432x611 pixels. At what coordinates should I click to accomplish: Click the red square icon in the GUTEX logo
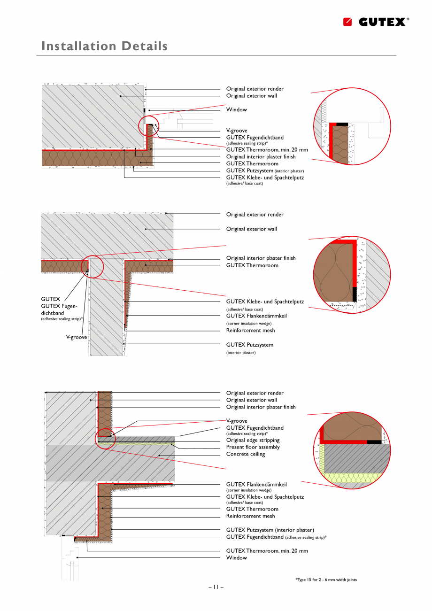pyautogui.click(x=347, y=22)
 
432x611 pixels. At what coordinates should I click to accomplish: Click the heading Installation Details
pyautogui.click(x=104, y=46)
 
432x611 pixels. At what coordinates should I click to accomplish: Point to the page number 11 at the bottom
pyautogui.click(x=216, y=587)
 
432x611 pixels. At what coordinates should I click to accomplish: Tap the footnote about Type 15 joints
pyautogui.click(x=326, y=580)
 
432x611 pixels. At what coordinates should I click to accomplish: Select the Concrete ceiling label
pyautogui.click(x=246, y=454)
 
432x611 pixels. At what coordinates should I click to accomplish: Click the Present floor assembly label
pyautogui.click(x=253, y=447)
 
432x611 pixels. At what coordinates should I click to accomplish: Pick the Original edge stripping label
pyautogui.click(x=253, y=440)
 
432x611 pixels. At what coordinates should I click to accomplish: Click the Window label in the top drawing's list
pyautogui.click(x=236, y=109)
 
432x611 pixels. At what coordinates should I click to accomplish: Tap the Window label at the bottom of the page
pyautogui.click(x=236, y=558)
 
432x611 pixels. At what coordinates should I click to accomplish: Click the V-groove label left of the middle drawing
pyautogui.click(x=76, y=337)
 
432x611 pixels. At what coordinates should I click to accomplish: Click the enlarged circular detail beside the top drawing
pyautogui.click(x=352, y=126)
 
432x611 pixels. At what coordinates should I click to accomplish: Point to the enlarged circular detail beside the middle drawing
pyautogui.click(x=352, y=275)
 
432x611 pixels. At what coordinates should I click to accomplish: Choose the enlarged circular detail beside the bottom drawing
pyautogui.click(x=352, y=451)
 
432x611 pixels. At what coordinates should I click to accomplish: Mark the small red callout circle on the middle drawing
pyautogui.click(x=93, y=267)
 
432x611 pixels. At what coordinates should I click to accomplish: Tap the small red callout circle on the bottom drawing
pyautogui.click(x=105, y=439)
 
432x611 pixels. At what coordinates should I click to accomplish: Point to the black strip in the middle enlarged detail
pyautogui.click(x=355, y=294)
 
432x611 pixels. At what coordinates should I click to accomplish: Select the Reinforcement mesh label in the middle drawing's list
pyautogui.click(x=250, y=331)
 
